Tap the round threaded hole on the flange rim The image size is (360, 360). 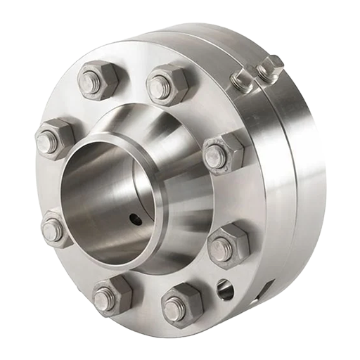click(x=224, y=288)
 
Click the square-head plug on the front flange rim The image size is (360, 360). click(x=241, y=80)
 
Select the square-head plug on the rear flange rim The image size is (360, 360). click(x=269, y=69)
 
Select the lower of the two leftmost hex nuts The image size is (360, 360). click(x=55, y=229)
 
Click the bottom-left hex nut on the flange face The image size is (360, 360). click(x=110, y=295)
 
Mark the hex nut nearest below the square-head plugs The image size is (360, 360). click(x=223, y=153)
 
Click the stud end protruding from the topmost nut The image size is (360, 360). click(x=160, y=87)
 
